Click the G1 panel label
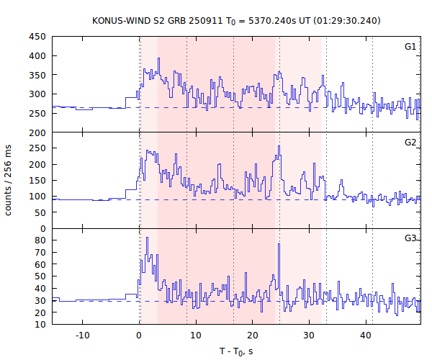point(410,47)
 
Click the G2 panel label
point(410,143)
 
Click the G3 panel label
point(410,238)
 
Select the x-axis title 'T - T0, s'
point(236,351)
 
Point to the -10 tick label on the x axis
point(82,335)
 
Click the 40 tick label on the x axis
point(366,335)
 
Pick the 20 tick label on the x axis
point(252,335)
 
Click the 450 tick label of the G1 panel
point(37,37)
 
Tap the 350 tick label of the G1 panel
point(37,75)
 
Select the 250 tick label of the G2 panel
point(37,148)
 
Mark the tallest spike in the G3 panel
point(147,238)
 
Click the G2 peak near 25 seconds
point(279,146)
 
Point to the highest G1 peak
point(158,58)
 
